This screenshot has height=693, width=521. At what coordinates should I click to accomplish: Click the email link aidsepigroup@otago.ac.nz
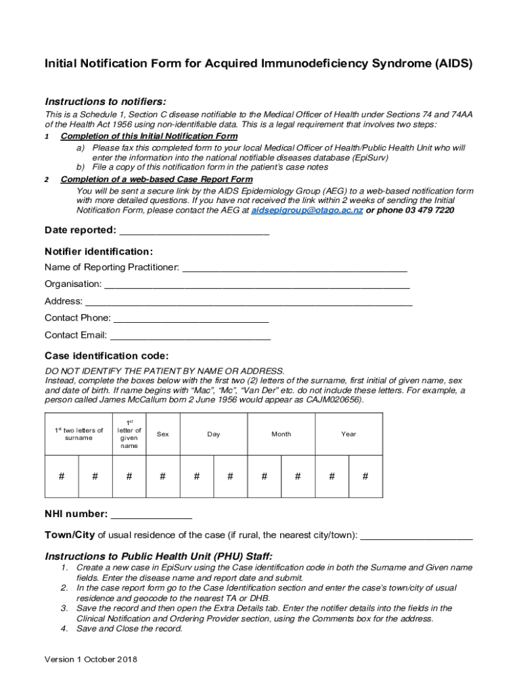[307, 210]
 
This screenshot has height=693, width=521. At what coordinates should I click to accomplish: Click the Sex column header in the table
[162, 434]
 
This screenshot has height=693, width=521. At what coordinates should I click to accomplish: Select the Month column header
[281, 434]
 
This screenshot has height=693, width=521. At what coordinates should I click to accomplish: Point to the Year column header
[348, 434]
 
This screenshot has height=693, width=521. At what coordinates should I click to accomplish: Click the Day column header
[213, 434]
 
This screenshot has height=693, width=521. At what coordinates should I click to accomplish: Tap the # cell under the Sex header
[162, 476]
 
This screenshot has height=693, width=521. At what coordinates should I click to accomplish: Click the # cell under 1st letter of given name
[129, 476]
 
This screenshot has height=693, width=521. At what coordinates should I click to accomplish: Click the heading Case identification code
[106, 356]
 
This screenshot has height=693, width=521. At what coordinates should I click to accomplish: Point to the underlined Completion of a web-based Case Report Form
[156, 179]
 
